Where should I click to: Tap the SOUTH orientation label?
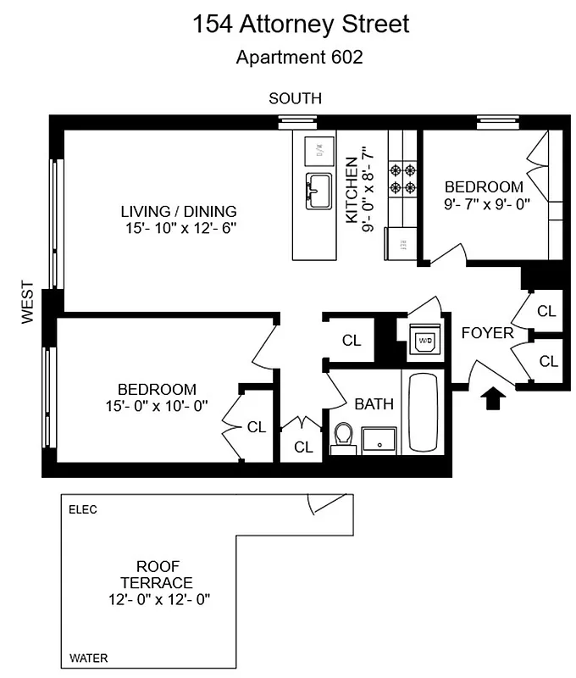[295, 99]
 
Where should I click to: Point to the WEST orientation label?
[28, 303]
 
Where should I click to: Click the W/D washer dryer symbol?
[424, 341]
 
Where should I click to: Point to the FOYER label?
[487, 333]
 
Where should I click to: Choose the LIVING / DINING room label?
[178, 211]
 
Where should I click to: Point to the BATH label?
[374, 404]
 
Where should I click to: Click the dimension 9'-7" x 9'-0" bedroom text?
[484, 203]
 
